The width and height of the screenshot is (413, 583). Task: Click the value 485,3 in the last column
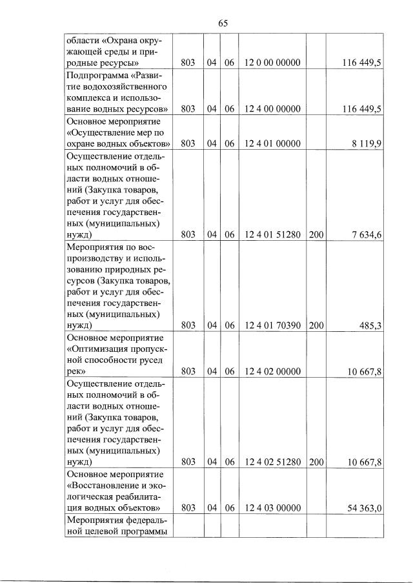pyautogui.click(x=370, y=326)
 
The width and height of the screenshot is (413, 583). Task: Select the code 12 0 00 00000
pyautogui.click(x=273, y=63)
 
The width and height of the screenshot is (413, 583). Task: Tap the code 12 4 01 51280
pyautogui.click(x=273, y=234)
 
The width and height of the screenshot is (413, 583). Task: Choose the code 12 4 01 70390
pyautogui.click(x=273, y=326)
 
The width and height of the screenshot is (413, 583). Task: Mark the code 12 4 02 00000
pyautogui.click(x=273, y=372)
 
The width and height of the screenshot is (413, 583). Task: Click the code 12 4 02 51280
pyautogui.click(x=273, y=462)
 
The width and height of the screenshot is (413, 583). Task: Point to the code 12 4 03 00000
pyautogui.click(x=273, y=508)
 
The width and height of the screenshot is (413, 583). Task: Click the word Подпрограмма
pyautogui.click(x=97, y=75)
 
